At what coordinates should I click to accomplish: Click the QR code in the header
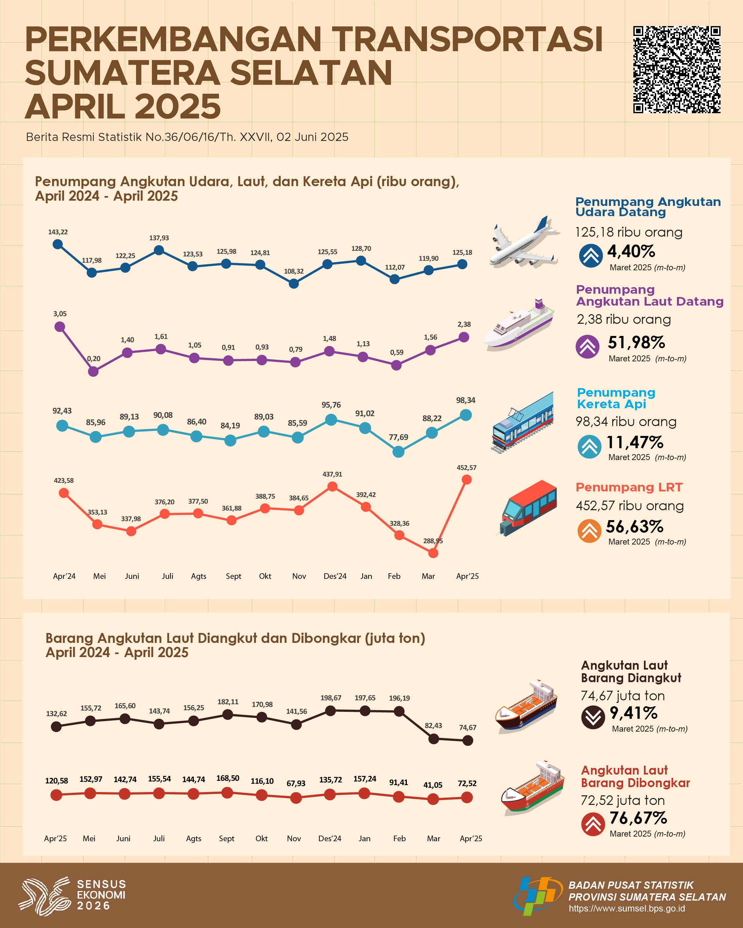[676, 70]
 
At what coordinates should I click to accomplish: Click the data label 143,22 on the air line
[58, 232]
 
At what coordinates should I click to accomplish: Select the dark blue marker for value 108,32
[294, 284]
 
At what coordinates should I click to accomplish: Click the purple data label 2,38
[464, 324]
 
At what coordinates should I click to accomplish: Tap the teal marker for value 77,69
[399, 451]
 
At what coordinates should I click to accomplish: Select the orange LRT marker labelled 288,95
[433, 553]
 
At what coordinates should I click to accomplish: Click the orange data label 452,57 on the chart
[467, 467]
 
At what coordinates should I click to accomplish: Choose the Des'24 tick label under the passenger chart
[335, 576]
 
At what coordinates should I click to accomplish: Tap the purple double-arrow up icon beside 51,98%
[587, 347]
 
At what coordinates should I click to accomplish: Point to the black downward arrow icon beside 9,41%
[593, 717]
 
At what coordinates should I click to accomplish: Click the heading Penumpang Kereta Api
[616, 398]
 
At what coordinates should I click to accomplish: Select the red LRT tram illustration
[528, 508]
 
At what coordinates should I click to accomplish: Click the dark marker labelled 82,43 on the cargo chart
[434, 739]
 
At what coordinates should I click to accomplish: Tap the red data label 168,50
[228, 778]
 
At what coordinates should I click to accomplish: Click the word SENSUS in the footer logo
[101, 884]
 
